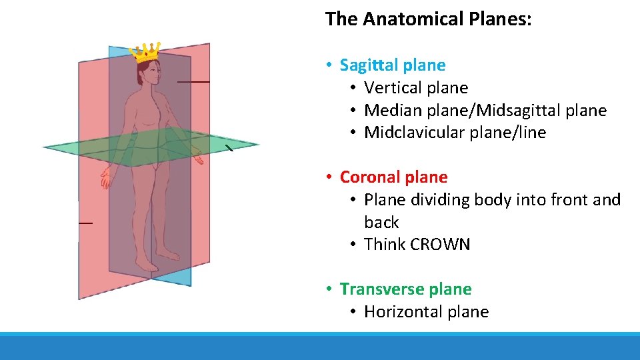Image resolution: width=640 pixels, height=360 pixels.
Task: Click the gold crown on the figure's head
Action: point(146,51)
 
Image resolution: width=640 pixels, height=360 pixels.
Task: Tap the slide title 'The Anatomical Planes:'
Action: point(428,19)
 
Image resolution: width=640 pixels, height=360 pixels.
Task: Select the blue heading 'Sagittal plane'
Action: point(392,65)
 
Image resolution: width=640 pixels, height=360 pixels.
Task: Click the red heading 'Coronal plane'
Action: point(393,177)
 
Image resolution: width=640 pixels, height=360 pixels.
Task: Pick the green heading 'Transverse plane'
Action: point(405,289)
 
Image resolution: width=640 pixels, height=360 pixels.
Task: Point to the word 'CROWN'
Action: point(440,245)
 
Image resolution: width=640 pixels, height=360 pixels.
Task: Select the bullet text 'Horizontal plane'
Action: point(426,312)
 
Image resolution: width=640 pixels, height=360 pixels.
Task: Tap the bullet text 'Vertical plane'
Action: point(416,88)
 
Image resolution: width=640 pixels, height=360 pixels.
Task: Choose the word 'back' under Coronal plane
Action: point(381,222)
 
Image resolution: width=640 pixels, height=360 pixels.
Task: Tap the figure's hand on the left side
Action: point(105,178)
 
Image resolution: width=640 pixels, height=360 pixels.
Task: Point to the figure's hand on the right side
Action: point(197,157)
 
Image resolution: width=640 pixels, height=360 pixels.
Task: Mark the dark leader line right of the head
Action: point(193,81)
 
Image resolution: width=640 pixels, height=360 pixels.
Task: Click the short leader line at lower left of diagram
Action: point(85,223)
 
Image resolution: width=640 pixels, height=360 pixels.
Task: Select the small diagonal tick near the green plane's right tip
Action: point(228,148)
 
